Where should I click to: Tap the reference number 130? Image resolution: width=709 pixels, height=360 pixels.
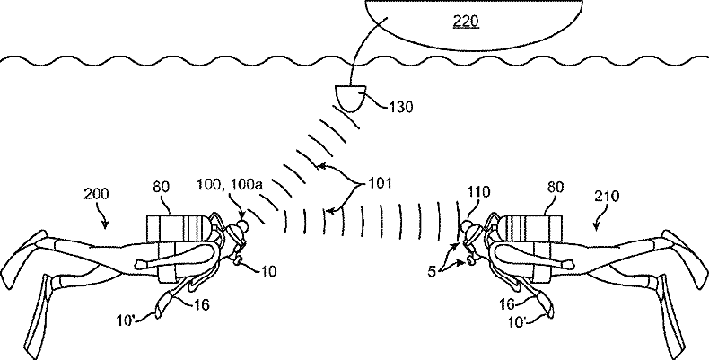click(402, 108)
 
